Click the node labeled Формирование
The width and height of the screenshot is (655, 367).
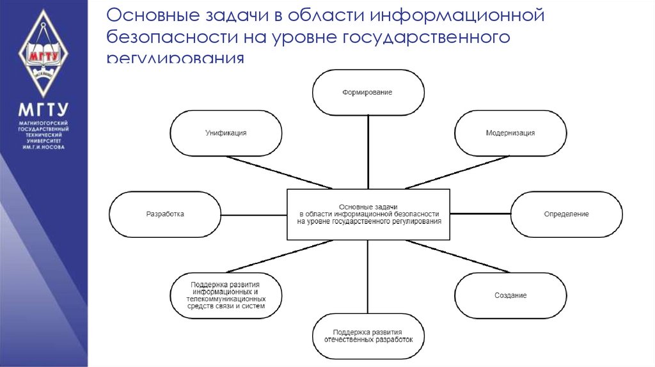tap(368, 93)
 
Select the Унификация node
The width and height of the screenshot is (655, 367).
tap(226, 133)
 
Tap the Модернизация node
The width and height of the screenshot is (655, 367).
tap(510, 133)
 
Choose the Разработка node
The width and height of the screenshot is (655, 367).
tap(165, 214)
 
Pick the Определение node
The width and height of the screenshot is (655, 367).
tap(566, 214)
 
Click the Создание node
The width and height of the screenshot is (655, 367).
tap(510, 295)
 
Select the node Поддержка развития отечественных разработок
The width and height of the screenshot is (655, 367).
tap(368, 336)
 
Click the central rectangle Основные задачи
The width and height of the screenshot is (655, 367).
tap(368, 214)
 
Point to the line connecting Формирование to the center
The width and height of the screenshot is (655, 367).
tap(368, 152)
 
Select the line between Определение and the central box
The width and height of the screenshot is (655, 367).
tap(480, 215)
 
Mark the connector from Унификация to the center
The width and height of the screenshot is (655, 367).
tap(278, 172)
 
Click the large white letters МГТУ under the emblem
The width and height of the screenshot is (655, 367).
tap(43, 109)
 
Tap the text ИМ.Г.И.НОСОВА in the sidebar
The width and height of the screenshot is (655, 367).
tap(43, 146)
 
